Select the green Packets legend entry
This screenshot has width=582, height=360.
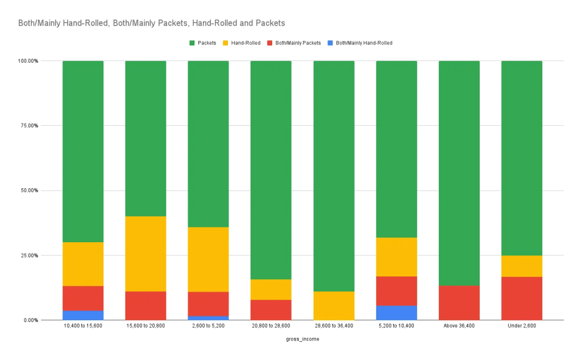coord(202,43)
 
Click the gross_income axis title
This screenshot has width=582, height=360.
coord(302,340)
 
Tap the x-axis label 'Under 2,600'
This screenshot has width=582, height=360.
coord(522,326)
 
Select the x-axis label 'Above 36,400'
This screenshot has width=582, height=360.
coord(459,326)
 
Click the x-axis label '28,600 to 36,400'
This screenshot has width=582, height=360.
coord(334,326)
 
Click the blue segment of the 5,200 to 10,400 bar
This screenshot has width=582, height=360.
coord(397,313)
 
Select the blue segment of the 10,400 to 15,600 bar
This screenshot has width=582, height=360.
coord(83,315)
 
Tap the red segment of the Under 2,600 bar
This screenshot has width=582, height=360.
coord(522,298)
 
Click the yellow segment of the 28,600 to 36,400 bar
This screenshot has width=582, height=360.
coord(334,305)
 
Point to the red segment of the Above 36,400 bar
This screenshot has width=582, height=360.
coord(459,303)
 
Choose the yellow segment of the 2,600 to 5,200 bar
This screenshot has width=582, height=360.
coord(208,259)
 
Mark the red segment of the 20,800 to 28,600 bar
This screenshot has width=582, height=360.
coord(271,309)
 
